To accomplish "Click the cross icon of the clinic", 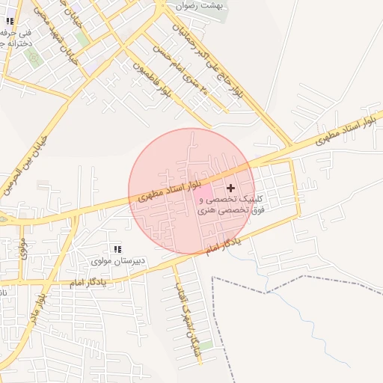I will coord(230,187).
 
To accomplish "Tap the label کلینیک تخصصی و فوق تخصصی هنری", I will coord(231,206).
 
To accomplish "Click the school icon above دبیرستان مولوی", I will coord(117,249).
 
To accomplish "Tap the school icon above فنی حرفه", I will coord(10,22).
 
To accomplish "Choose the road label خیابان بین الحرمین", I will coord(24,165).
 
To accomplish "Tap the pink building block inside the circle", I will coord(203,192).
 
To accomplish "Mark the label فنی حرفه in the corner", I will coord(16,39).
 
